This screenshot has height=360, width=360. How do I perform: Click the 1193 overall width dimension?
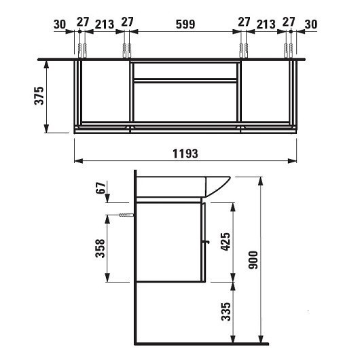point(185,154)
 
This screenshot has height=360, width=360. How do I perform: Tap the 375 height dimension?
point(40,96)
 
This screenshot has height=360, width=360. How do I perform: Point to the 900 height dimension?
point(253,259)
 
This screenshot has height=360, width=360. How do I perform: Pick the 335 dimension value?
point(226,312)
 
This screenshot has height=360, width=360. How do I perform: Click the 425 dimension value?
point(226,241)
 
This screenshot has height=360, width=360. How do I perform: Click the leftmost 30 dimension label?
point(60,24)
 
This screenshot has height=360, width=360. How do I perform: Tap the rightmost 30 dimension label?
point(311,24)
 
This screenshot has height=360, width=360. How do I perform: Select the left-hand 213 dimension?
point(104,24)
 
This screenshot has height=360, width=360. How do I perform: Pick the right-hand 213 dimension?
point(266,24)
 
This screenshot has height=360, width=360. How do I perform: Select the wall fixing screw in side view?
point(126,215)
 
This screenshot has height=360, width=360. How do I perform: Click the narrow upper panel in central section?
point(185,71)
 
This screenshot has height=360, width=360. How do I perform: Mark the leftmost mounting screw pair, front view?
point(82,51)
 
